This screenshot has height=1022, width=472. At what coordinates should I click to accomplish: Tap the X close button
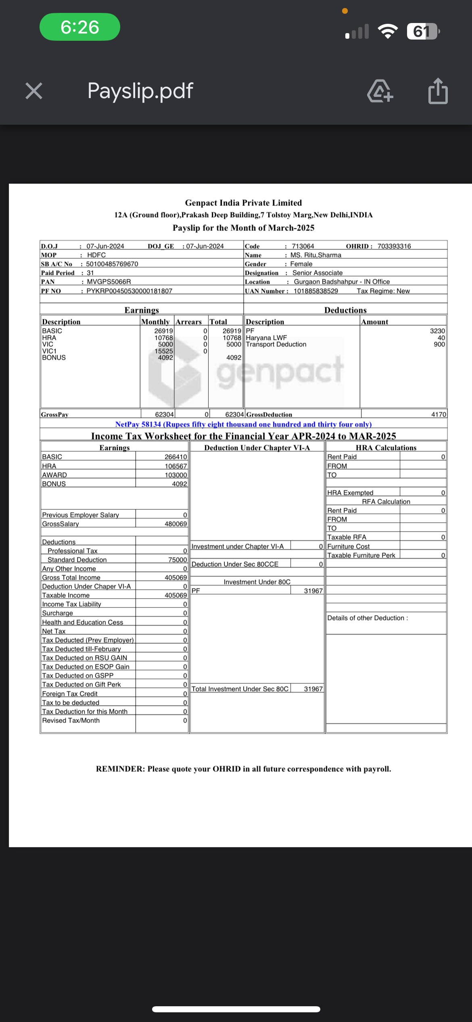pos(34,90)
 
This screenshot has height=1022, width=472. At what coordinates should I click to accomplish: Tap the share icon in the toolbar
pos(438,91)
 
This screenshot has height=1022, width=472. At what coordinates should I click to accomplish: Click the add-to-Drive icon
pos(380,91)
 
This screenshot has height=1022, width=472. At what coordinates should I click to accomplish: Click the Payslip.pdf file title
pos(140,91)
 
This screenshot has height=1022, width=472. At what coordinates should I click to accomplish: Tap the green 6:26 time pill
pos(80,27)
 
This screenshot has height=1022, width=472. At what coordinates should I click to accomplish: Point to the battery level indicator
pos(422,31)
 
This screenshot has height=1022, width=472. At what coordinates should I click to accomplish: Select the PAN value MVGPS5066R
pos(109,282)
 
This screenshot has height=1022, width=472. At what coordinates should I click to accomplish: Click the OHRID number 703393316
pos(394,246)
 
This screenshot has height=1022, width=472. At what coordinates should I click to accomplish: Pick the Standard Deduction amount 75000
pos(178,560)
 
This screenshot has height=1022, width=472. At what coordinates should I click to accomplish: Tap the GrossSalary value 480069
pos(175,524)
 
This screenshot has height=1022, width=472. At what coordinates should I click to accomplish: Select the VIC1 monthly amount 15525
pos(164,351)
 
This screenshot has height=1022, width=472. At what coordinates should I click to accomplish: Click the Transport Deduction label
pos(276,344)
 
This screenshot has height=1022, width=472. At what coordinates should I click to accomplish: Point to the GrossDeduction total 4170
pos(439,415)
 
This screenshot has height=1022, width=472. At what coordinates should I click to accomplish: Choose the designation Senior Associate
pos(317,273)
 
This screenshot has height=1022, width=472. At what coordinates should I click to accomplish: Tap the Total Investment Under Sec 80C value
pos(313,689)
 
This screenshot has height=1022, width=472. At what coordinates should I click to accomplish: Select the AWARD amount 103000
pos(176,475)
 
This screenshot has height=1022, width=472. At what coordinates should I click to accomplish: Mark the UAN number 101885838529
pos(316,291)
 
